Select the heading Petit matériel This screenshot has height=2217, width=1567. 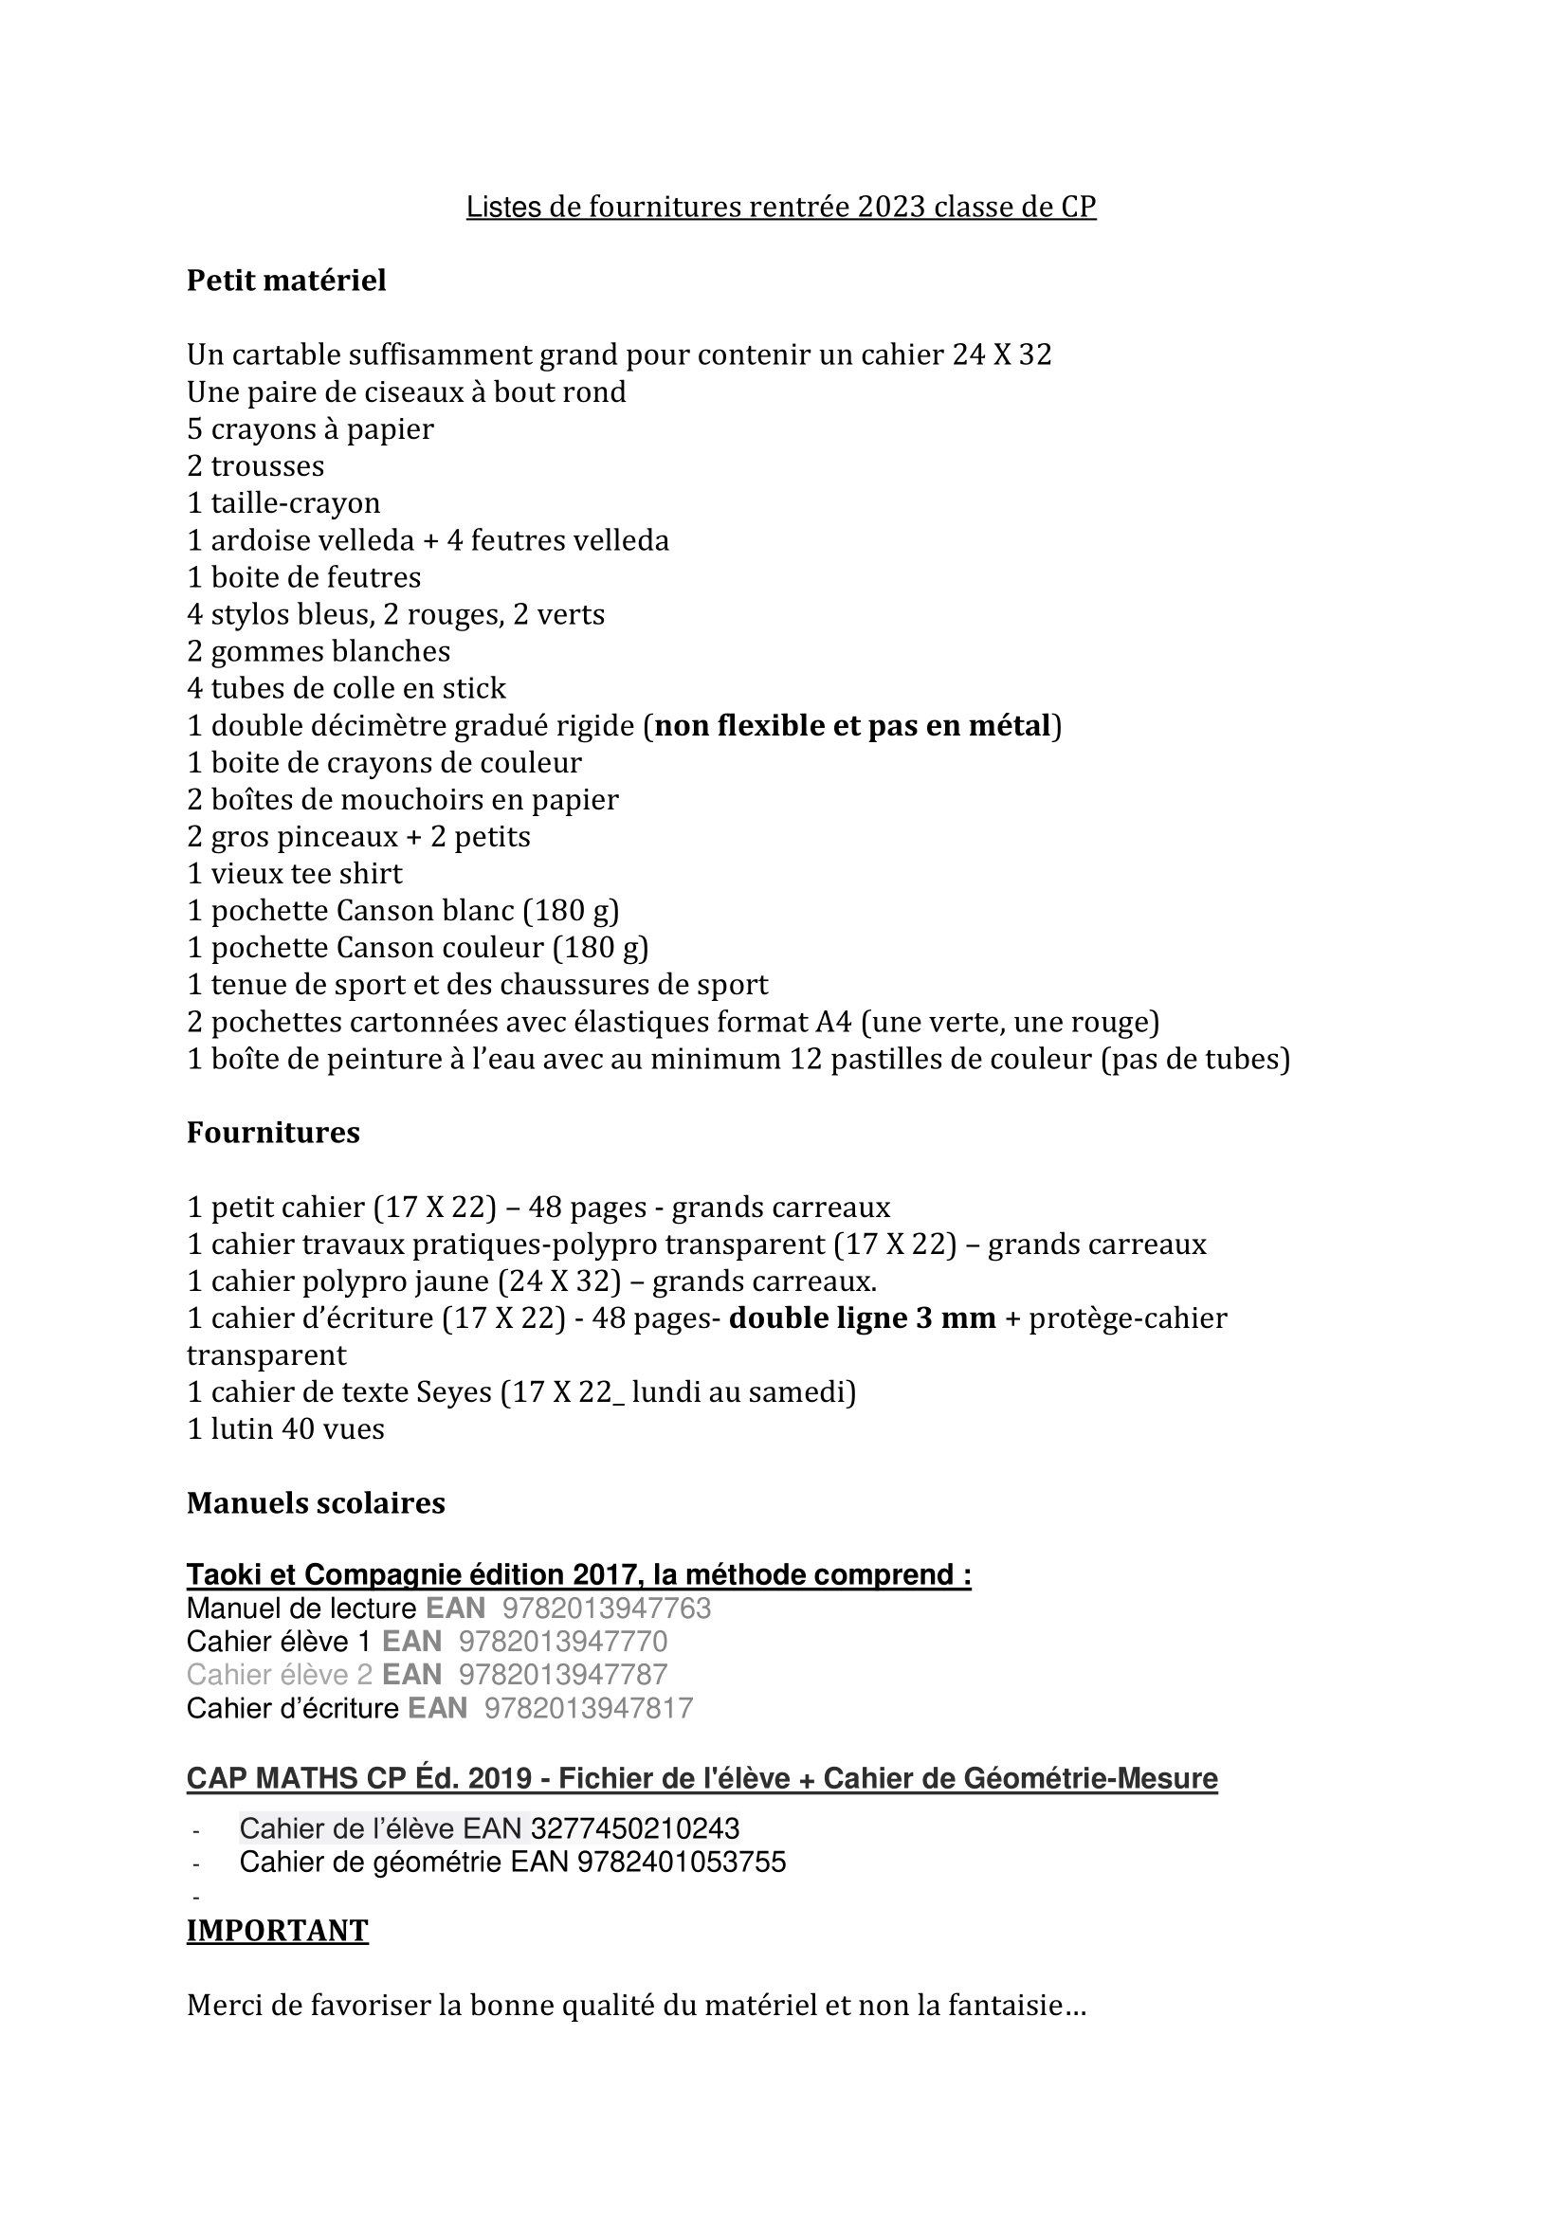pos(285,281)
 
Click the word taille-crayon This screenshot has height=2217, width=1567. pos(296,503)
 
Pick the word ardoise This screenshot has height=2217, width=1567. pos(258,539)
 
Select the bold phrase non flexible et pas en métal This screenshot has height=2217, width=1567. pos(852,725)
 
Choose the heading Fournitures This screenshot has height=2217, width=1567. pos(273,1133)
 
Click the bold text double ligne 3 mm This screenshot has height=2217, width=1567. pos(863,1319)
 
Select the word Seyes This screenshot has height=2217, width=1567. pos(454,1392)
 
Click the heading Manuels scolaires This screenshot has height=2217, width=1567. pos(316,1503)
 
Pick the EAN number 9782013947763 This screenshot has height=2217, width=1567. pos(607,1608)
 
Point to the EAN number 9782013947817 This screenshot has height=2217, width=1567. pos(588,1708)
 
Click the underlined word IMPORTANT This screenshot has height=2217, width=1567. pos(277,1930)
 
